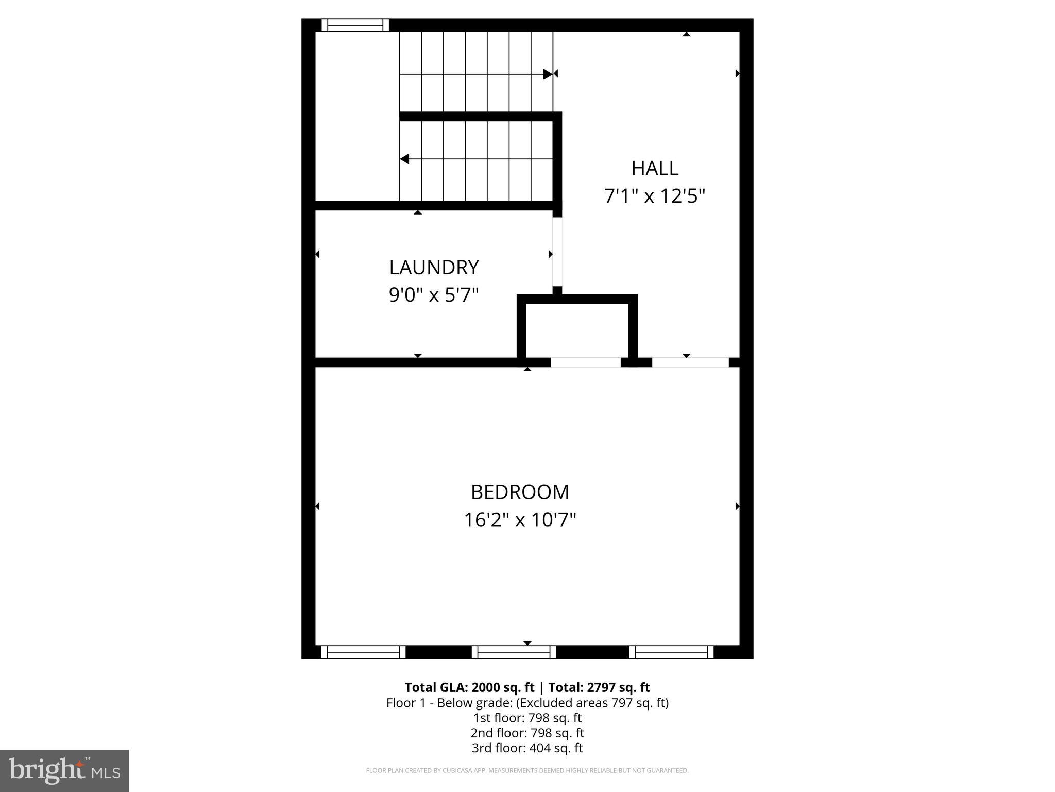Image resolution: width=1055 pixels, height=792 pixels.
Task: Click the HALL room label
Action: [x=655, y=168]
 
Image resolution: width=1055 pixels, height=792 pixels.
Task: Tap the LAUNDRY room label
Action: [x=434, y=268]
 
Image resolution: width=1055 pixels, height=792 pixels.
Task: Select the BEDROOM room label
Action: [x=520, y=492]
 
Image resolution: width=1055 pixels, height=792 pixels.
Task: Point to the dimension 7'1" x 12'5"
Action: [x=654, y=196]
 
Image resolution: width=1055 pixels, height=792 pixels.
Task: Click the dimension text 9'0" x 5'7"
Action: [x=434, y=295]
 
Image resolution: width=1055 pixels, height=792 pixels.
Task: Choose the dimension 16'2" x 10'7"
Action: [x=520, y=520]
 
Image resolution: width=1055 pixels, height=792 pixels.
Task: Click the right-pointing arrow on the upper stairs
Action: [x=548, y=74]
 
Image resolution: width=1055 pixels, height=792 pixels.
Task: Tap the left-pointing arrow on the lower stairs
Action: [x=405, y=159]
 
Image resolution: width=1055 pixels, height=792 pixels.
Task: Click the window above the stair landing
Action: [x=355, y=25]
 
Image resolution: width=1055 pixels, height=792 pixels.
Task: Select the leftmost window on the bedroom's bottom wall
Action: [x=363, y=652]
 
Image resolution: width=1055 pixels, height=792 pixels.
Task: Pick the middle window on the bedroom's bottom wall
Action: [x=514, y=652]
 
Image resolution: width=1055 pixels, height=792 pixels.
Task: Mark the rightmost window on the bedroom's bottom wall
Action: [x=671, y=652]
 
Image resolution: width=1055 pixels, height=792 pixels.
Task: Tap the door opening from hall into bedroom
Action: [x=690, y=362]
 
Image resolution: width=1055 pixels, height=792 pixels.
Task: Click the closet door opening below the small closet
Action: [x=586, y=362]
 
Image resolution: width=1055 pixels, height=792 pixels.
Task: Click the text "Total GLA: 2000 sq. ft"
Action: [x=469, y=687]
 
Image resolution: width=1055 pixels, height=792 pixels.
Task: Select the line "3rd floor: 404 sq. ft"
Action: [x=527, y=748]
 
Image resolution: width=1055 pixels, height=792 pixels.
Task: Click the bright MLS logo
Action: [x=64, y=770]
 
